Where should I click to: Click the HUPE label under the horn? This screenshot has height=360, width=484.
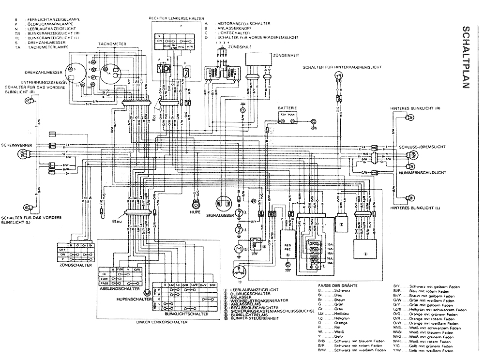tap(196, 211)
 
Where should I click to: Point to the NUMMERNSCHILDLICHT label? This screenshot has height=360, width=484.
tap(419, 172)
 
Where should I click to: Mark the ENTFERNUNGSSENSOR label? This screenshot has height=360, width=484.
tap(42, 83)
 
